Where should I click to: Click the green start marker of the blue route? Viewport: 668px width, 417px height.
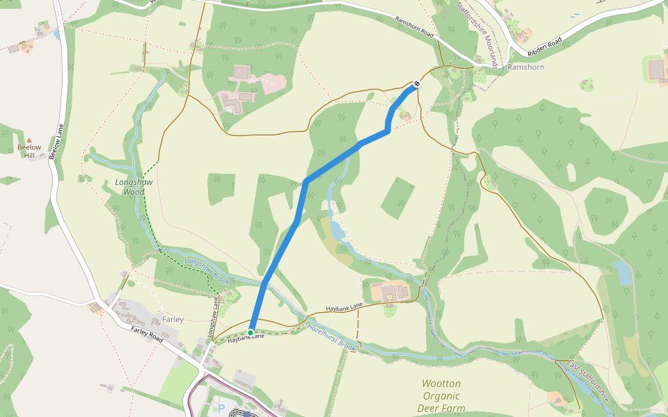tap(250, 333)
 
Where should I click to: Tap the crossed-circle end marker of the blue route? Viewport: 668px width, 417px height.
tap(416, 84)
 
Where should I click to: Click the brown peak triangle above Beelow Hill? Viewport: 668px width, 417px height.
tap(29, 140)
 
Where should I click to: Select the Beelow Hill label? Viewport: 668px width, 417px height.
tap(29, 151)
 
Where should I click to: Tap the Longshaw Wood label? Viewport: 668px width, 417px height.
tap(129, 187)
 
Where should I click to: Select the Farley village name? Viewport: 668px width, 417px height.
tap(173, 320)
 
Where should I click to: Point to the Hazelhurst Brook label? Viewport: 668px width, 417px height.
tap(332, 336)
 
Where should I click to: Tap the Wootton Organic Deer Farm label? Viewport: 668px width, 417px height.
tap(441, 395)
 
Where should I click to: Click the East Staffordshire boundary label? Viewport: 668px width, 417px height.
tap(588, 381)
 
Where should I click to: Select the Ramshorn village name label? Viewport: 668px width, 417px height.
tap(526, 67)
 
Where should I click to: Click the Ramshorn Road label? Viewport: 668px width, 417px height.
tap(414, 28)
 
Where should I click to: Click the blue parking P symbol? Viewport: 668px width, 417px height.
tap(222, 409)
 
